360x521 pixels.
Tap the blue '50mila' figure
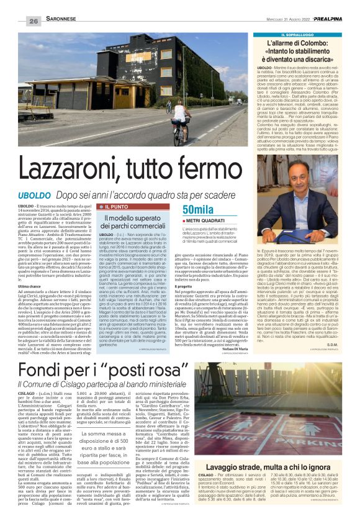coord(198,209)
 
